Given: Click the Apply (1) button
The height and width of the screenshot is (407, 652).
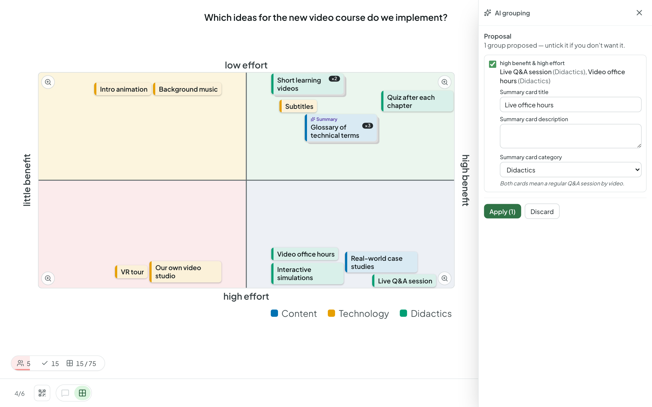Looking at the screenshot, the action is pos(502,211).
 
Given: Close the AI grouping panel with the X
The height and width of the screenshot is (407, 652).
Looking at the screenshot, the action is pos(639,13).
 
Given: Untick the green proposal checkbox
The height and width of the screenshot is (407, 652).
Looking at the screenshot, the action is pos(492,64).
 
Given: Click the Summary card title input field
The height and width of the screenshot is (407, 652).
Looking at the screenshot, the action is pos(570,105).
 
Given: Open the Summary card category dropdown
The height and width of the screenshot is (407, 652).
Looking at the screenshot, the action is pos(570,170).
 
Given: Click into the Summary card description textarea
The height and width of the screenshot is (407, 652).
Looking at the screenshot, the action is pos(570,136).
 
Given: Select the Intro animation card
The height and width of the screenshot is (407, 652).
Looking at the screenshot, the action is pos(123,89).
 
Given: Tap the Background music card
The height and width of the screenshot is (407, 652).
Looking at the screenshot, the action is pos(187,89).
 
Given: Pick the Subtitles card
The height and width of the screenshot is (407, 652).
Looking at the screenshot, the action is pos(298,106).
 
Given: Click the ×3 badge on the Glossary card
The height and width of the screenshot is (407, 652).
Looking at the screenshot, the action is pos(367,126).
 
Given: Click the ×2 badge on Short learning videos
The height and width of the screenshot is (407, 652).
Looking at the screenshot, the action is pos(334,79).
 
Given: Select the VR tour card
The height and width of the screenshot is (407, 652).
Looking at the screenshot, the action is pos(131,272).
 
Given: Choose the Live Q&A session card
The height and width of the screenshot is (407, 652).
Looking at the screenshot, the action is pos(404,281).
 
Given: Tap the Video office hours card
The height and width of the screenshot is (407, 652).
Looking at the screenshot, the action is pos(305,254).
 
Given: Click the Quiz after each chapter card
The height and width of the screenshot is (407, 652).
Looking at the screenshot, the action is pos(417,101).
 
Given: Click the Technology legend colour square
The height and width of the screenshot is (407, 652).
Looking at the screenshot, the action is pos(331,313).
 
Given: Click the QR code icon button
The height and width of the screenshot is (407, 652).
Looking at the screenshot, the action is pos(42,393).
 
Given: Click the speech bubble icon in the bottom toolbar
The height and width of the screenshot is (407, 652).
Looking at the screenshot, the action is pos(65,393).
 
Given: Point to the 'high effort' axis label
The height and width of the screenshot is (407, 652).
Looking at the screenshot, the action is pos(246,296).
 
